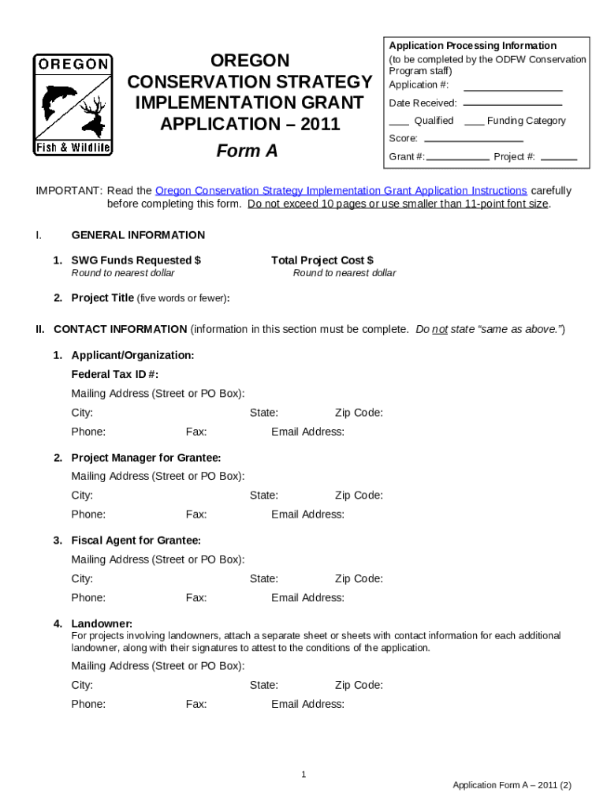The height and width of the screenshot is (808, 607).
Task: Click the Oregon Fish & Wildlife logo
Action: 73,105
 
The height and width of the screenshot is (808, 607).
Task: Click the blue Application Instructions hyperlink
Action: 341,191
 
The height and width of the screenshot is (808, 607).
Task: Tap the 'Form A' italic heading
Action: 248,151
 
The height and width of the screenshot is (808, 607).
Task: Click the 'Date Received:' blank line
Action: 512,104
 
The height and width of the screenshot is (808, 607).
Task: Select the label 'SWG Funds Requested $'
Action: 136,260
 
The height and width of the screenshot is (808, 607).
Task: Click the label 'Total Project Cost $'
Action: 322,260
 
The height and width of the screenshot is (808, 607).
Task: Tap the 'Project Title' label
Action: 102,298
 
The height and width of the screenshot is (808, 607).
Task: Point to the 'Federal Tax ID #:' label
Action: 120,375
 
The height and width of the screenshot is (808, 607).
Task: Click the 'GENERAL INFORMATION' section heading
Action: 138,235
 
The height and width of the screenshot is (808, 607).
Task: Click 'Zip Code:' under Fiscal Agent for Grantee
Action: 359,578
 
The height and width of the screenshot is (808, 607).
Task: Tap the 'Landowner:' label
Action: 102,624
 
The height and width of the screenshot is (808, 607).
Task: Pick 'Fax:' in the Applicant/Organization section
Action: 196,432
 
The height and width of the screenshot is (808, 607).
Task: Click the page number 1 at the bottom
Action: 303,775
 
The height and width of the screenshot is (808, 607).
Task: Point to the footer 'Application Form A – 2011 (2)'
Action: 512,785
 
